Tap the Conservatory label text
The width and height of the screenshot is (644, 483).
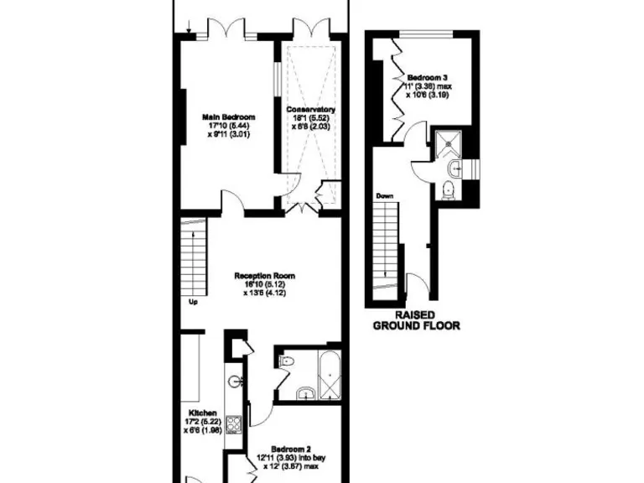[x=309, y=110]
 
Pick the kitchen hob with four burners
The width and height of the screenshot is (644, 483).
[x=236, y=423]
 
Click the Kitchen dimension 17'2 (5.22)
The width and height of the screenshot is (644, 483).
[x=201, y=423]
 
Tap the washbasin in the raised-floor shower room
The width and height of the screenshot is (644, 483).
[x=452, y=168]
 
